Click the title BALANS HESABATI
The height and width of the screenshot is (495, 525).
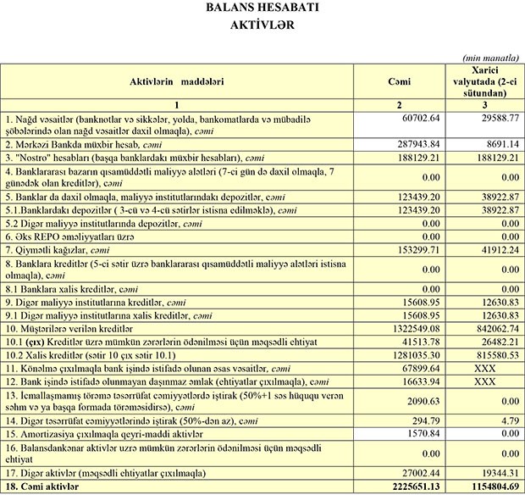262,8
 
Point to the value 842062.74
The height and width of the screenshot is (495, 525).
493,327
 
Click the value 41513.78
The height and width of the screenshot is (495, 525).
423,340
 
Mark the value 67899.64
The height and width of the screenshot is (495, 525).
423,367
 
